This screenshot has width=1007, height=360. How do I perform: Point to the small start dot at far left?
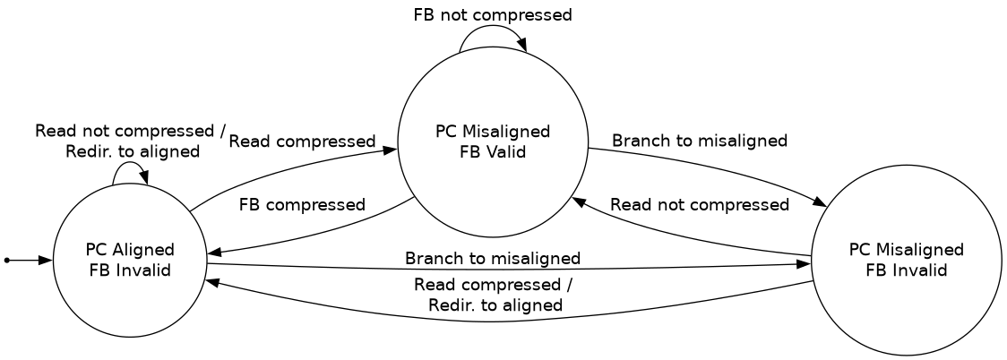[7, 260]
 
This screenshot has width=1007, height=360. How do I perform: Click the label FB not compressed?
[492, 14]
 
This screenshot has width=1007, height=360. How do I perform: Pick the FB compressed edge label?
[302, 204]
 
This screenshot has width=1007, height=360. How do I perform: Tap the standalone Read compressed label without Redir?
[301, 141]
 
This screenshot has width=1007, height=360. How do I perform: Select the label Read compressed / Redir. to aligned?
[495, 295]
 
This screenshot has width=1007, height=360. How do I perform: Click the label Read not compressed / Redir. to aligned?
[131, 141]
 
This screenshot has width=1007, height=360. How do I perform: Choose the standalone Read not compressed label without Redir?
[699, 204]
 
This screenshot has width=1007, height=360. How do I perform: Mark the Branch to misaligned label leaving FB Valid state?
[699, 141]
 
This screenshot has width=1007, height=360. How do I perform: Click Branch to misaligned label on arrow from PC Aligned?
[492, 259]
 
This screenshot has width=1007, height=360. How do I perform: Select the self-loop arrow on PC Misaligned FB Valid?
[492, 32]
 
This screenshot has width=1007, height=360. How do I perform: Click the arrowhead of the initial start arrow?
[47, 260]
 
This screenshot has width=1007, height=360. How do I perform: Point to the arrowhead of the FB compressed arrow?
[213, 253]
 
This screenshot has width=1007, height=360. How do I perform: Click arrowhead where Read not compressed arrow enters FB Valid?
[579, 202]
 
